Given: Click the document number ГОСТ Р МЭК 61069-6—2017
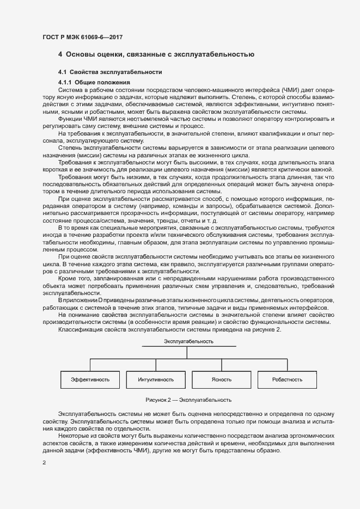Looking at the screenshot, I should click(82, 37).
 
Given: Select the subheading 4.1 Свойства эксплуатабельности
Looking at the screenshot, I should click(110, 72).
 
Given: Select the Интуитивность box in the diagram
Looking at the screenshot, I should click(156, 379).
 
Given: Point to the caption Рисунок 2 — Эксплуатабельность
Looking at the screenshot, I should click(188, 400).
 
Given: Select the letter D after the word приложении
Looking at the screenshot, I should click(100, 301).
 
